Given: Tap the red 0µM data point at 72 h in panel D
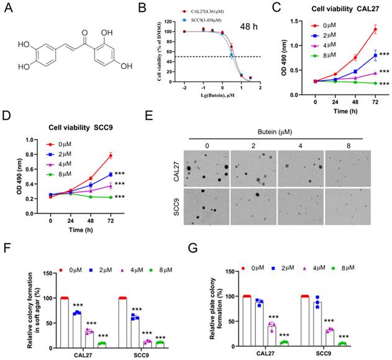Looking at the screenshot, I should click(110, 155).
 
